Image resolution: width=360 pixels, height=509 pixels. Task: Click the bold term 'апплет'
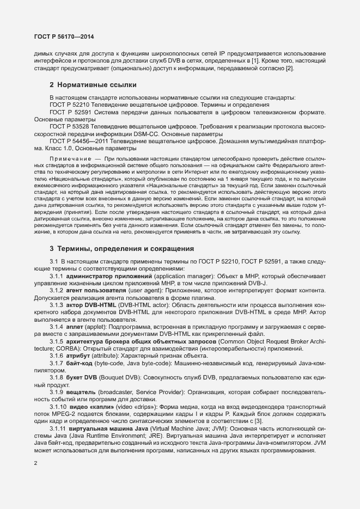click(76, 327)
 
